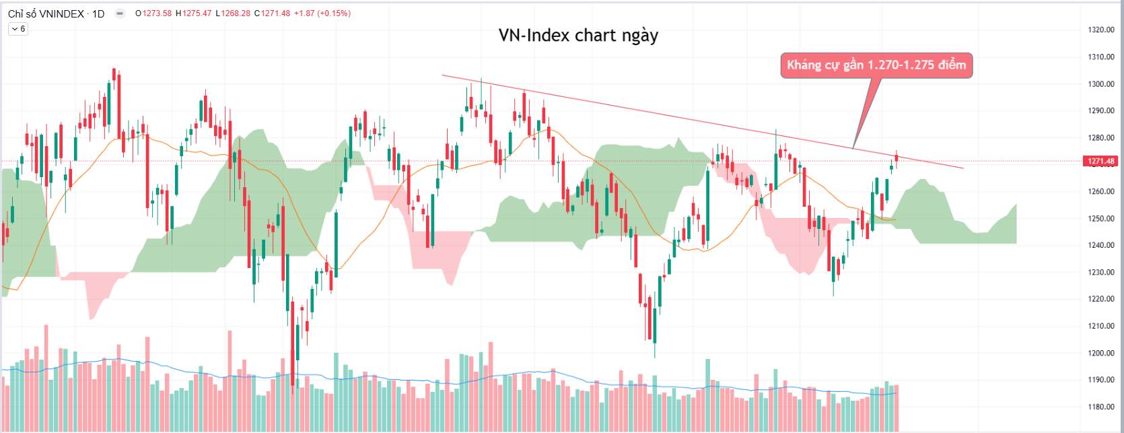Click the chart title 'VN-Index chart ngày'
click(578, 36)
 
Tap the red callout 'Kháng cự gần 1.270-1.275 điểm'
click(876, 65)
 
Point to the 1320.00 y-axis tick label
click(1100, 30)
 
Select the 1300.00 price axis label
click(1100, 84)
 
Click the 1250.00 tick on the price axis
click(1100, 219)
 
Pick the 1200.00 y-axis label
click(1100, 353)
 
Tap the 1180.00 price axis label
click(1100, 407)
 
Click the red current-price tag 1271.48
click(1100, 161)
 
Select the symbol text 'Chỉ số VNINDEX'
click(46, 13)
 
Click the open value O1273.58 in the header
click(153, 13)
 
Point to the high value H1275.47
click(193, 13)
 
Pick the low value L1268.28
click(233, 13)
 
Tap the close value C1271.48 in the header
click(272, 13)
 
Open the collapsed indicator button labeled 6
click(18, 29)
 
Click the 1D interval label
click(98, 13)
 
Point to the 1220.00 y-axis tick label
click(1100, 299)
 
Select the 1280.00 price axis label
click(1100, 138)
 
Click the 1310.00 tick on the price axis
click(1100, 57)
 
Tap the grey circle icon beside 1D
click(120, 13)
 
